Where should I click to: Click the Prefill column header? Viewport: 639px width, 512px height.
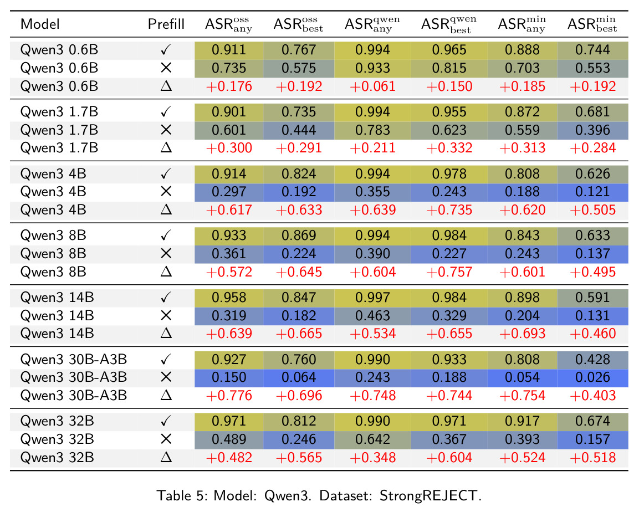pos(166,24)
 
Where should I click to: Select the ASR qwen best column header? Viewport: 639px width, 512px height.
pos(449,24)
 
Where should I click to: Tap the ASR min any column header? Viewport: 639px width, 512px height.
pos(522,24)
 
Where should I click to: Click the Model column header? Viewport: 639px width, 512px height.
pos(40,24)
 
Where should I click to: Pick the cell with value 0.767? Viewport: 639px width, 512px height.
pos(299,50)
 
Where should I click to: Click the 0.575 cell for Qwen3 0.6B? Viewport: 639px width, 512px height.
pos(299,68)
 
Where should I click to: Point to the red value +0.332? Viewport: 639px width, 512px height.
pos(449,148)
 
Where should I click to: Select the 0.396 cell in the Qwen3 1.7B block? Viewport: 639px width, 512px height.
pos(592,130)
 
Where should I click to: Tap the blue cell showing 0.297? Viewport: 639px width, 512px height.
pos(229,192)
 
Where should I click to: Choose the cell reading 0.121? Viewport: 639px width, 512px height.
pos(592,192)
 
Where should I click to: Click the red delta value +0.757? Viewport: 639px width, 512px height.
pos(449,272)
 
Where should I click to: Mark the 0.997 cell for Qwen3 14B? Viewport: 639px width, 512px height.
pos(372,298)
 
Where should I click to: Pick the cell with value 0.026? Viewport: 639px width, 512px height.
pos(592,377)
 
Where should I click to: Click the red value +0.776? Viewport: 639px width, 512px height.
pos(229,396)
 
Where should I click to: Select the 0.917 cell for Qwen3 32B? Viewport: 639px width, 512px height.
pos(522,421)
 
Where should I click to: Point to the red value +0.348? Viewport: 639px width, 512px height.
pos(372,458)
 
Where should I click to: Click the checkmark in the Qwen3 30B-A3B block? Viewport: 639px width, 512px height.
pos(166,360)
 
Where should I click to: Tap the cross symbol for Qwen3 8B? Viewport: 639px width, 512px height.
pos(166,254)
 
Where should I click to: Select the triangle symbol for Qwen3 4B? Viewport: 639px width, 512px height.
pos(166,210)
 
